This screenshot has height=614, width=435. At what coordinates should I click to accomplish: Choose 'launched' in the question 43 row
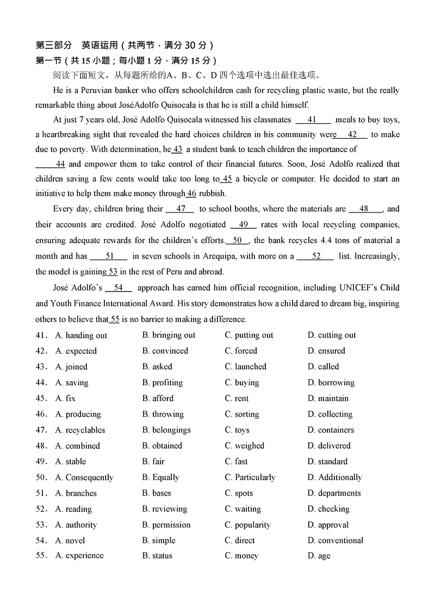250,367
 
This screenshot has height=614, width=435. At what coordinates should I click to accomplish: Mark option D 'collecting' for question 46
335,414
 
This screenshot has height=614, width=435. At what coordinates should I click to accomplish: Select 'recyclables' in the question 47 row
85,430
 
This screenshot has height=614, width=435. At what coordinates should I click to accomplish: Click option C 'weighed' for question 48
249,446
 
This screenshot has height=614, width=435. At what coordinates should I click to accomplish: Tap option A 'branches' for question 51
81,493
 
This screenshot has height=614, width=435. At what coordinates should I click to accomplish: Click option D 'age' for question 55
324,556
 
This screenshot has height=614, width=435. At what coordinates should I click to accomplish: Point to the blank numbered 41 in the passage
313,120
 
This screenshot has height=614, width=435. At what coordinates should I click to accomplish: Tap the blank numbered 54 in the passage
118,287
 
